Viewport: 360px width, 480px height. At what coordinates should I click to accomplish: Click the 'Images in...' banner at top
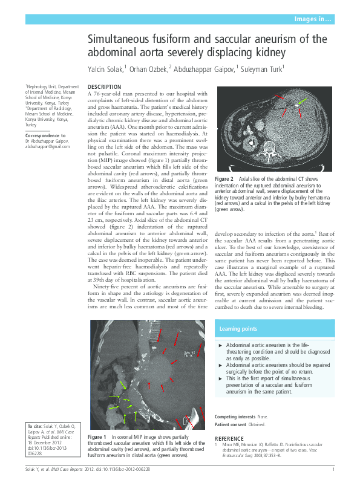313,19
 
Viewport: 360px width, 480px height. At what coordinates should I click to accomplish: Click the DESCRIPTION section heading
104,87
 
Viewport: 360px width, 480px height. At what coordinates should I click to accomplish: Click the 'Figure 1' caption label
97,436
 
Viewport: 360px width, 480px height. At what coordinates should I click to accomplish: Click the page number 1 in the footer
333,470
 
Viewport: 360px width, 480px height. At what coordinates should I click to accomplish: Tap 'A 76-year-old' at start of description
105,94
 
